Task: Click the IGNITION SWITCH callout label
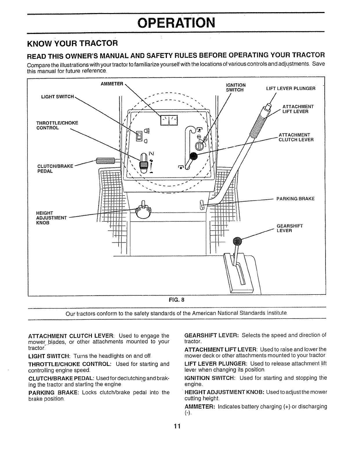point(236,87)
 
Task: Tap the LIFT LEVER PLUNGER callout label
point(290,88)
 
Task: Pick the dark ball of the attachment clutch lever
point(193,156)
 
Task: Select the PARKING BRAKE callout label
point(295,199)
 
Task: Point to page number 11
point(177,426)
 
